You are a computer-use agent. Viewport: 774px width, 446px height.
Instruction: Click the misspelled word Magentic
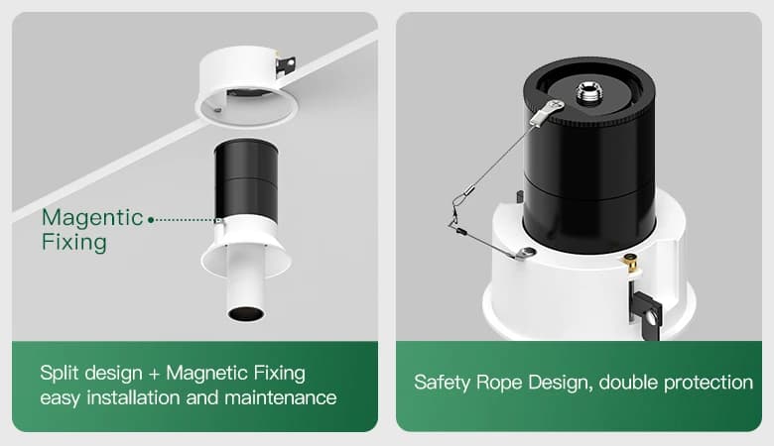(92, 218)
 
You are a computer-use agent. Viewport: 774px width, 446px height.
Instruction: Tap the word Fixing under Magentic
(74, 243)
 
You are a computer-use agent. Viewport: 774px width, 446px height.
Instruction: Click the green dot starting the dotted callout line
(151, 220)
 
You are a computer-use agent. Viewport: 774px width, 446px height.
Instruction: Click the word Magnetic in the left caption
(206, 373)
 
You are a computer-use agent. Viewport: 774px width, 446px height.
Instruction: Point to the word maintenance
(281, 397)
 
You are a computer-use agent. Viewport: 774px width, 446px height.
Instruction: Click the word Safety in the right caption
(443, 383)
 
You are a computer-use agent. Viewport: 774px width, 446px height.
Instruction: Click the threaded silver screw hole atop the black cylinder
(586, 92)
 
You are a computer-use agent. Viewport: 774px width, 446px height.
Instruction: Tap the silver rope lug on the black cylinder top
(547, 112)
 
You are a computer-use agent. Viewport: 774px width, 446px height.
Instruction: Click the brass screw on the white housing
(630, 263)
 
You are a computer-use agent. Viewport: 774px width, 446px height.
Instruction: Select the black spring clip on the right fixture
(646, 312)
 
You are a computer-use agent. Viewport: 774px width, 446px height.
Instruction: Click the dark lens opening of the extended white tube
(245, 313)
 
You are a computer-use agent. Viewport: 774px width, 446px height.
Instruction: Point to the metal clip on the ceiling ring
(286, 65)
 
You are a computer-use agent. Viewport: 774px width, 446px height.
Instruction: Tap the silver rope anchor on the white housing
(524, 254)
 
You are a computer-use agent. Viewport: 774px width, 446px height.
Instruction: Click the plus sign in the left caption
(154, 374)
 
